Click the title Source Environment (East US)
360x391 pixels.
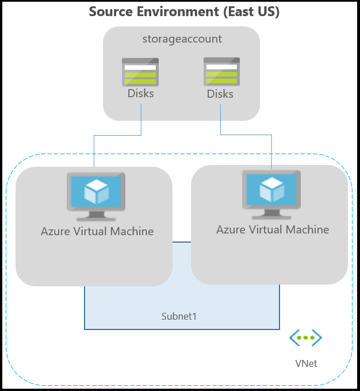pyautogui.click(x=184, y=11)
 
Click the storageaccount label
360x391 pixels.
pyautogui.click(x=182, y=39)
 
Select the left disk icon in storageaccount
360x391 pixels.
pyautogui.click(x=140, y=72)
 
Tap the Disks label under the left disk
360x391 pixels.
pyautogui.click(x=140, y=93)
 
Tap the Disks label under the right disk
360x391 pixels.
pyautogui.click(x=220, y=93)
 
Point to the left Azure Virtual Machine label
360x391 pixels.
pyautogui.click(x=97, y=232)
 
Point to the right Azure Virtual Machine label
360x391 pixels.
pyautogui.click(x=273, y=229)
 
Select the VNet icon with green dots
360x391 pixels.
pyautogui.click(x=305, y=338)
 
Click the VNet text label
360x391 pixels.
pyautogui.click(x=306, y=363)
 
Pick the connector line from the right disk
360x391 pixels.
pyautogui.click(x=247, y=135)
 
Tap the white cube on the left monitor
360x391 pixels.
pyautogui.click(x=96, y=192)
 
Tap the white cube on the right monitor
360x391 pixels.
pyautogui.click(x=271, y=189)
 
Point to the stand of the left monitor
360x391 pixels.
pyautogui.click(x=97, y=216)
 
